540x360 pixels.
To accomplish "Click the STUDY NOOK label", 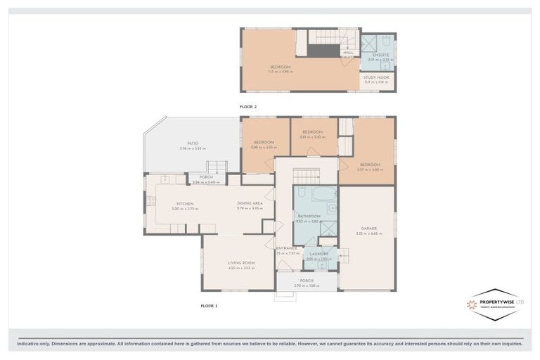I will pyautogui.click(x=377, y=77).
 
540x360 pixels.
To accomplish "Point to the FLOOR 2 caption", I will pyautogui.click(x=249, y=106).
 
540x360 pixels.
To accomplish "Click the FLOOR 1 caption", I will pyautogui.click(x=210, y=306).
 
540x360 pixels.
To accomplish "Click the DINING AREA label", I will pyautogui.click(x=249, y=204).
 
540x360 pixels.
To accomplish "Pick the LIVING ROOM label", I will pyautogui.click(x=241, y=263).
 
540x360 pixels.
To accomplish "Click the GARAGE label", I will pyautogui.click(x=369, y=229).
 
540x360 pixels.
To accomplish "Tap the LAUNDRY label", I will pyautogui.click(x=319, y=254).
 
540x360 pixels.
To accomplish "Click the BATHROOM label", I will pyautogui.click(x=309, y=216).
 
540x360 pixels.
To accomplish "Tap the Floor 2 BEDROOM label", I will pyautogui.click(x=281, y=67).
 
